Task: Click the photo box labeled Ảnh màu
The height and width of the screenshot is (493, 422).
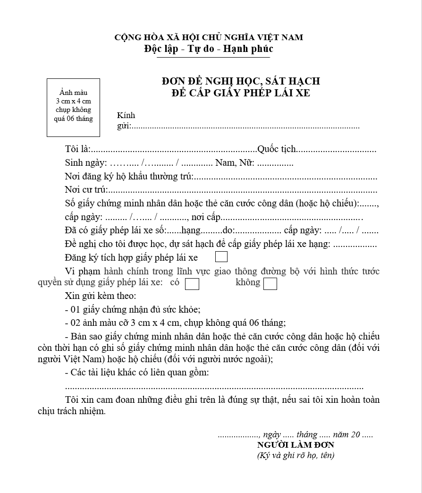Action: pyautogui.click(x=73, y=108)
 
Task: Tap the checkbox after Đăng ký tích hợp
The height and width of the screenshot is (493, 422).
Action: pyautogui.click(x=221, y=257)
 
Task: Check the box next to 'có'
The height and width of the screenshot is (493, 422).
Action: pyautogui.click(x=192, y=284)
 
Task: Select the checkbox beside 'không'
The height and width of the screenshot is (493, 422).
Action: pyautogui.click(x=270, y=284)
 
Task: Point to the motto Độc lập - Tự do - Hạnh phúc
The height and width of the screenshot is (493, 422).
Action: pyautogui.click(x=209, y=49)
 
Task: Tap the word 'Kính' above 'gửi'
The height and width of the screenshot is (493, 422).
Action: pyautogui.click(x=126, y=115)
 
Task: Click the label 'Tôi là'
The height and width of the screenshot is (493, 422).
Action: pyautogui.click(x=77, y=149)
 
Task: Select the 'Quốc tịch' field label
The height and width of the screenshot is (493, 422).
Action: pyautogui.click(x=277, y=149)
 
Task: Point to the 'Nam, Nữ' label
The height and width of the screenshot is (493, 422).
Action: pyautogui.click(x=235, y=163)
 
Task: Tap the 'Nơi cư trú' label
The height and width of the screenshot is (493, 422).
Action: pyautogui.click(x=86, y=191)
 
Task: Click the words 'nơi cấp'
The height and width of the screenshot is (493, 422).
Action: pyautogui.click(x=206, y=218)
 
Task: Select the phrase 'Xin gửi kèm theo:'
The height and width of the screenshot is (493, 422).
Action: pyautogui.click(x=100, y=297)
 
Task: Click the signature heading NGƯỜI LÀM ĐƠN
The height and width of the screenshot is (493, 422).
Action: pyautogui.click(x=295, y=445)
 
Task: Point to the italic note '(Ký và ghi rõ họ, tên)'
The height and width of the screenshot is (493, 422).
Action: pyautogui.click(x=295, y=456)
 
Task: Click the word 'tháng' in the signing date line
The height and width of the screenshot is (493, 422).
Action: pyautogui.click(x=307, y=435)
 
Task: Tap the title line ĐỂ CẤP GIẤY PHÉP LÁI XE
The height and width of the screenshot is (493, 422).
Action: pyautogui.click(x=241, y=93)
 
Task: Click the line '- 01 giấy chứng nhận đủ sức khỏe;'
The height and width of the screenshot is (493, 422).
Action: pyautogui.click(x=133, y=310)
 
